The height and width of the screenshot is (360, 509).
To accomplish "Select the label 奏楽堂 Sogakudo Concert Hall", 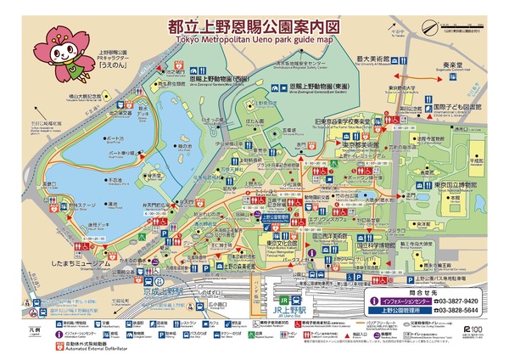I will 450,64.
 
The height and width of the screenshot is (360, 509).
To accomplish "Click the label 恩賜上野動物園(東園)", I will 323,86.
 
